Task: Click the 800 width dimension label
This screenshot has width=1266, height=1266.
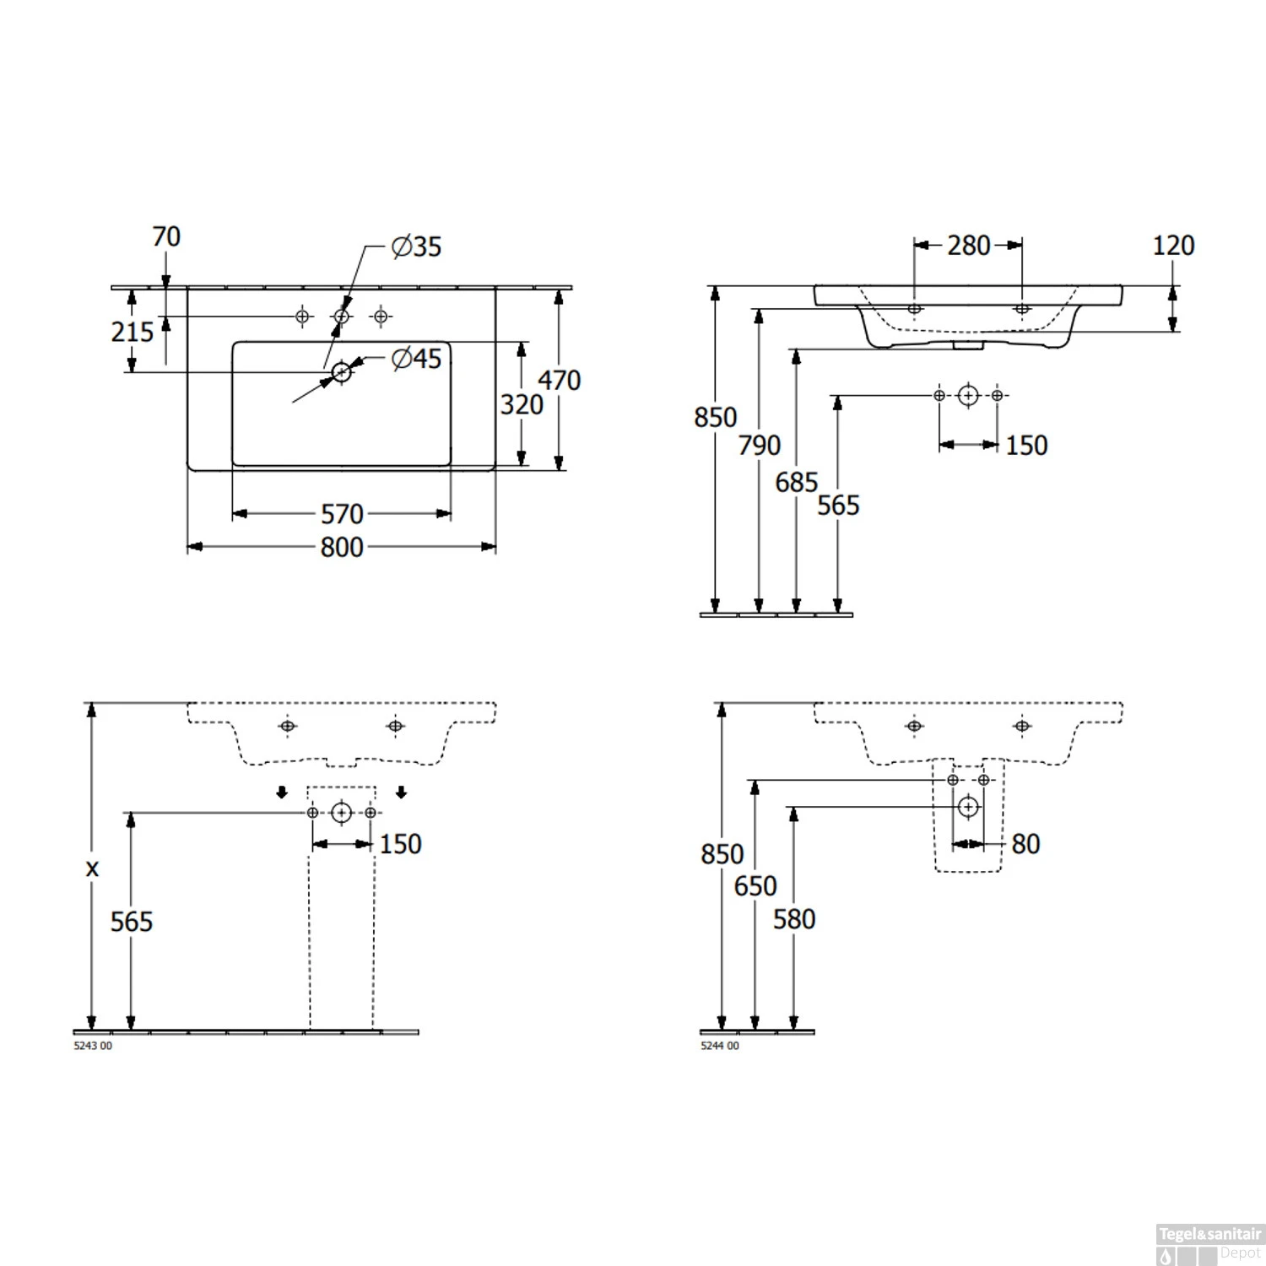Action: [342, 547]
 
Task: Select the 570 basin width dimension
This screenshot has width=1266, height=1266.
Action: [342, 513]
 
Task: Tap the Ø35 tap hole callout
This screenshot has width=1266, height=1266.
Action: [417, 246]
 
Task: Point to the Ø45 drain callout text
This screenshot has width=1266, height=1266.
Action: [417, 359]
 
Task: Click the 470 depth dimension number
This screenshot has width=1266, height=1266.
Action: [559, 380]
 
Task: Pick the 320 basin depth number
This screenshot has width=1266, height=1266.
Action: [522, 404]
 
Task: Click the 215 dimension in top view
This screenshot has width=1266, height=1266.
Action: [133, 332]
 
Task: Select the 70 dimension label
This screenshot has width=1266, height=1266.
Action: [166, 236]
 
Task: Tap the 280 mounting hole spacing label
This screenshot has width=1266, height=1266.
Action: [968, 246]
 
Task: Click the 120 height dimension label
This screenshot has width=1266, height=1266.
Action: [1173, 246]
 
